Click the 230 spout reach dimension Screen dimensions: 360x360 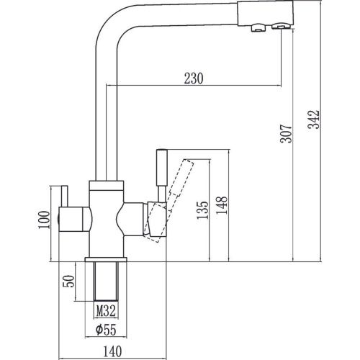[194, 78]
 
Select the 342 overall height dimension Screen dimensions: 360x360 [314, 120]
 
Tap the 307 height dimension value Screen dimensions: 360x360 [286, 134]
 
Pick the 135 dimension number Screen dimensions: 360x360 [202, 210]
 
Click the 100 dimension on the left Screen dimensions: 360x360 [44, 220]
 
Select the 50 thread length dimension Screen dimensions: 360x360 [68, 282]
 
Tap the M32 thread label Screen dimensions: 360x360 [107, 311]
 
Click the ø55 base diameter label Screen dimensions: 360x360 [106, 330]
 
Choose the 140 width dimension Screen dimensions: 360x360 [112, 351]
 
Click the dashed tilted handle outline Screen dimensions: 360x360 [168, 201]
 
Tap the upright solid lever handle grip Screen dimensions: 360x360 [161, 167]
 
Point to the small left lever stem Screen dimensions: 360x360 [65, 196]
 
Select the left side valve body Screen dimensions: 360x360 [75, 219]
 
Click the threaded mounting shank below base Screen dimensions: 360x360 [106, 281]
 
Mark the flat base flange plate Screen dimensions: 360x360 [106, 259]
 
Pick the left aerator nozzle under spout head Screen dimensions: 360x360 [258, 27]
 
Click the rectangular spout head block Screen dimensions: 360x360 [266, 13]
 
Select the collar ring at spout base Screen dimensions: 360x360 [107, 185]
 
